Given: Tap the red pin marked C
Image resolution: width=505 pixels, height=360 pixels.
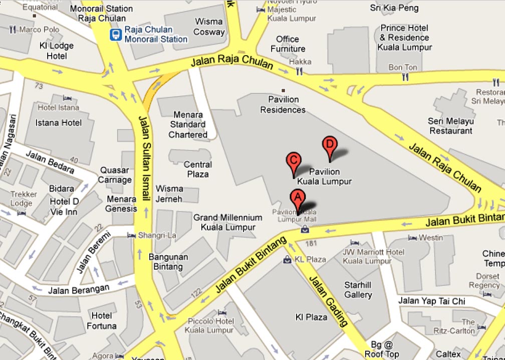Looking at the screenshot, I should coord(294,161).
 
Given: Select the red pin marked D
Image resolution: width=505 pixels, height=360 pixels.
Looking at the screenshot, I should coord(329,144).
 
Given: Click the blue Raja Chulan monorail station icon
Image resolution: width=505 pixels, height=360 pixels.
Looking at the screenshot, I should coord(116,35).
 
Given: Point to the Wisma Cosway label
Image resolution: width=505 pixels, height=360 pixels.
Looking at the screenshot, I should coord(209,27).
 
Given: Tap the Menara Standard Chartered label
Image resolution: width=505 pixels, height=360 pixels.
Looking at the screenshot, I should coord(188,124).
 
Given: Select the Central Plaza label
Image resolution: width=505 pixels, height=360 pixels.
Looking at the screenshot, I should coord(197,169).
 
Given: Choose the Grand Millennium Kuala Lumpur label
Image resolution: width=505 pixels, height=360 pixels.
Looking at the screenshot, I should coord(228,222).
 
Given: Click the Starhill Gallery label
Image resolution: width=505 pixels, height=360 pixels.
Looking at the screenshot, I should coord(358,290).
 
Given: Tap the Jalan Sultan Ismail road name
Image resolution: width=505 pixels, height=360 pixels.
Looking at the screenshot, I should coord(145,158).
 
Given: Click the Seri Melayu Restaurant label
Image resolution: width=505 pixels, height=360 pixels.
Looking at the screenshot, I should coord(450,126).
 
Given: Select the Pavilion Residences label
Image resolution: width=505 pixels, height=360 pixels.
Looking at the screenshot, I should coord(283,105).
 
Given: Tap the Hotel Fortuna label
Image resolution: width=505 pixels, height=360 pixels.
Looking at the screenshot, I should coord(104,320).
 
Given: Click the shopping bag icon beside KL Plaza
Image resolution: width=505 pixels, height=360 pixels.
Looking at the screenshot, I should coord(287,259).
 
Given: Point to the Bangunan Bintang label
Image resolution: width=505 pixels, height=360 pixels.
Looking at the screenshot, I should coord(168,262).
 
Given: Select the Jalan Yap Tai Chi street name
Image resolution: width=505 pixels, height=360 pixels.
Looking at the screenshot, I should coord(432,301).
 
